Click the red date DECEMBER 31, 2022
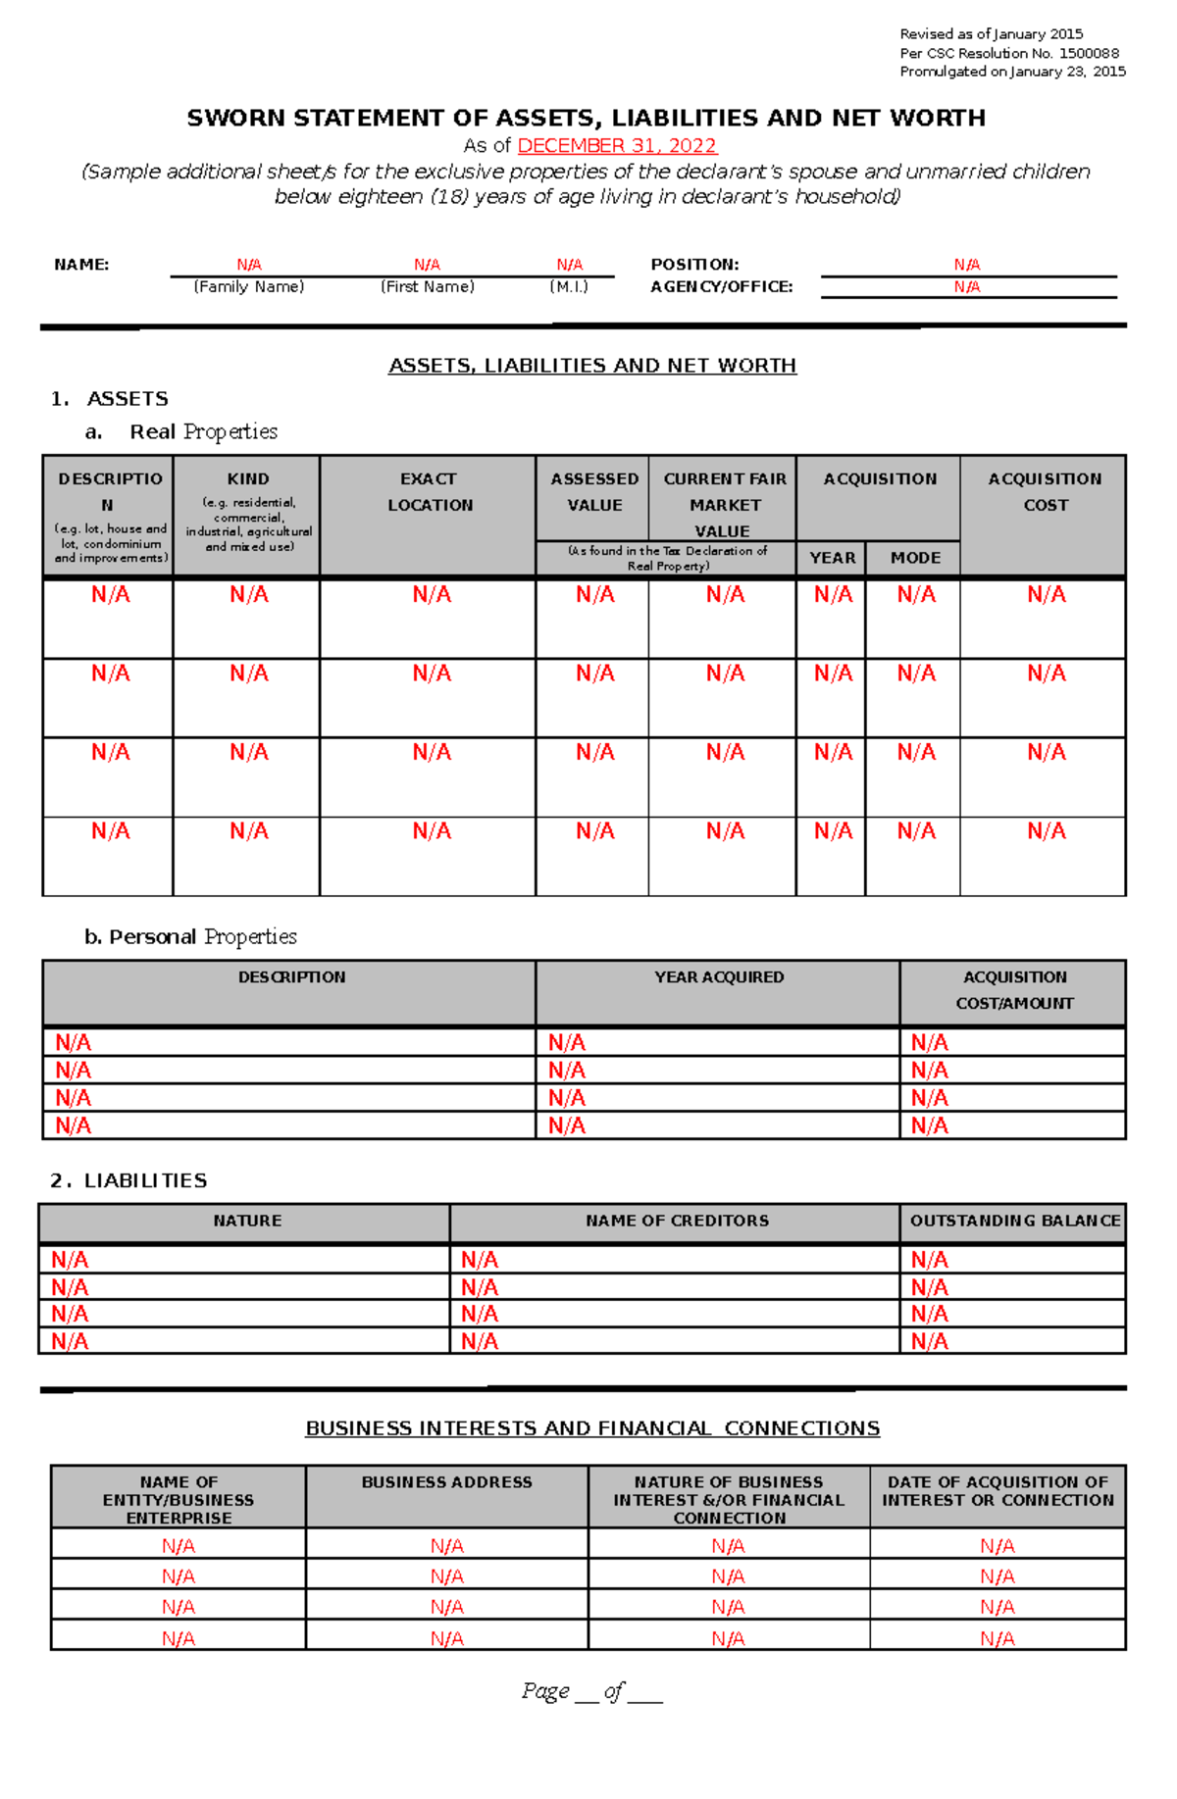[617, 146]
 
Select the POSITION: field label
[694, 265]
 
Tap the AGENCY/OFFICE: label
[721, 287]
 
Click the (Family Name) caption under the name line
[249, 287]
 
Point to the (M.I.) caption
[569, 287]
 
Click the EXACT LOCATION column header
[429, 492]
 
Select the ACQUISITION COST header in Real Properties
[1045, 492]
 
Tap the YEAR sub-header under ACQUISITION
[832, 558]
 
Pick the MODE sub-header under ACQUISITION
[915, 558]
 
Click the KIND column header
[248, 479]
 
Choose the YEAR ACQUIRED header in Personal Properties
[719, 977]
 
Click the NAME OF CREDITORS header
[677, 1221]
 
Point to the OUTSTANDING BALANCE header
[1014, 1221]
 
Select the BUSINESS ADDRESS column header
[446, 1482]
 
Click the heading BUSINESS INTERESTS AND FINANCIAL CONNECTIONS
[592, 1428]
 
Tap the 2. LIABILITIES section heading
[128, 1180]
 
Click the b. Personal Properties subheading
[190, 937]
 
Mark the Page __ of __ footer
[592, 1691]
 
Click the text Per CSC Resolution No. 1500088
[1009, 53]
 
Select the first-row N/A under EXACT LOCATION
[432, 595]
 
